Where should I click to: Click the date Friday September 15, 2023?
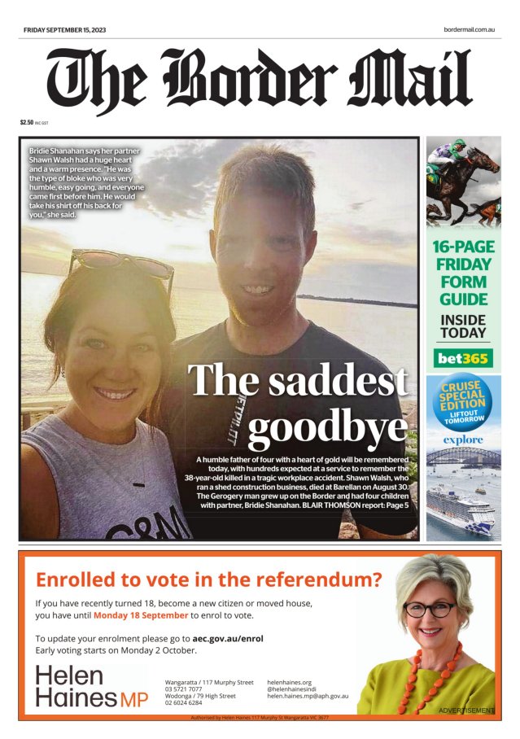click(x=64, y=30)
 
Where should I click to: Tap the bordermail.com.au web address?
click(x=470, y=30)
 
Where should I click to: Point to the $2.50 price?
click(x=27, y=122)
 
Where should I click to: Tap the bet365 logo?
click(x=463, y=357)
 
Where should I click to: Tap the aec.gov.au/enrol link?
click(x=227, y=639)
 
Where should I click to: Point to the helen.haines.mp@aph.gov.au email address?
click(x=308, y=696)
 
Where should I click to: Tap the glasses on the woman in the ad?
click(x=430, y=609)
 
